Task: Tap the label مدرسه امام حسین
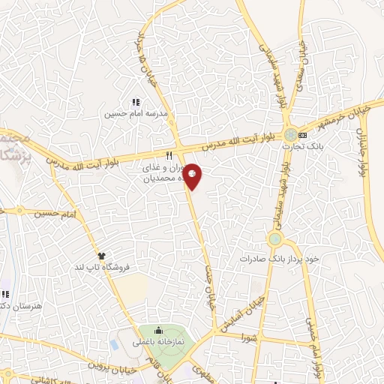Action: [136, 114]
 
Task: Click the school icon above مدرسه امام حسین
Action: [136, 103]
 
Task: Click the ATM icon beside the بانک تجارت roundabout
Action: [303, 135]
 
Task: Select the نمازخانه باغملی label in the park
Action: [158, 342]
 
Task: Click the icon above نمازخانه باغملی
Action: [158, 330]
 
